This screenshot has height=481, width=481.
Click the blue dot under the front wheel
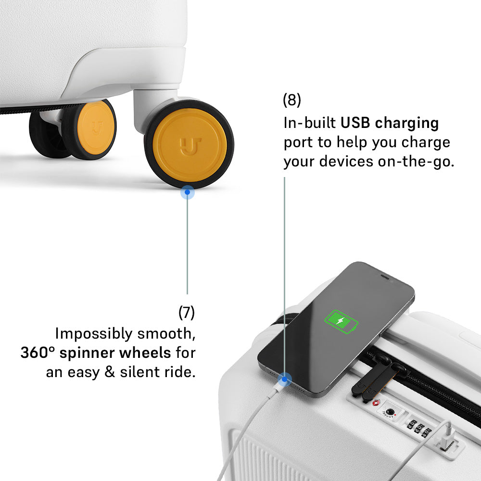point(188,192)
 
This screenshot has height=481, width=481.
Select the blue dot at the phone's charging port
point(284,380)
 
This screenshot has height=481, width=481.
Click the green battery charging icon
point(341,321)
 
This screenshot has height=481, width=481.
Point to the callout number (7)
point(187,313)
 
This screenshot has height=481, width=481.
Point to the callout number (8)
point(292,100)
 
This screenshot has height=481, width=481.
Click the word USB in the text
point(355,123)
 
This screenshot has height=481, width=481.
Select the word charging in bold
point(407,123)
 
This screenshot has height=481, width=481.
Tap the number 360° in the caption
point(38,353)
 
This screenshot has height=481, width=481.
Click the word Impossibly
point(94,334)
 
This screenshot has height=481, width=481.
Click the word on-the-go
point(416,162)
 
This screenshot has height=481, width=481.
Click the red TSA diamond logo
point(376,403)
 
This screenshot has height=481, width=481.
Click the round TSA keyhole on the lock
point(390,412)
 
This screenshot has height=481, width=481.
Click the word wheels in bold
point(145,353)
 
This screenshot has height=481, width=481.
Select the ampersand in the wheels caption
point(110,372)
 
